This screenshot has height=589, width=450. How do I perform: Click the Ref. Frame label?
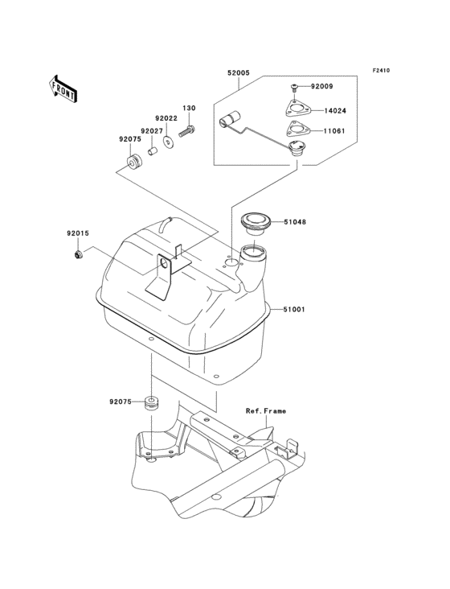266,411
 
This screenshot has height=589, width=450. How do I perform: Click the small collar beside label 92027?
151,150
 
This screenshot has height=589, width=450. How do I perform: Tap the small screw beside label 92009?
295,85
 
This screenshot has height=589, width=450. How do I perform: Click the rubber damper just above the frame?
150,403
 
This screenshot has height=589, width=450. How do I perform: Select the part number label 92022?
167,118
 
